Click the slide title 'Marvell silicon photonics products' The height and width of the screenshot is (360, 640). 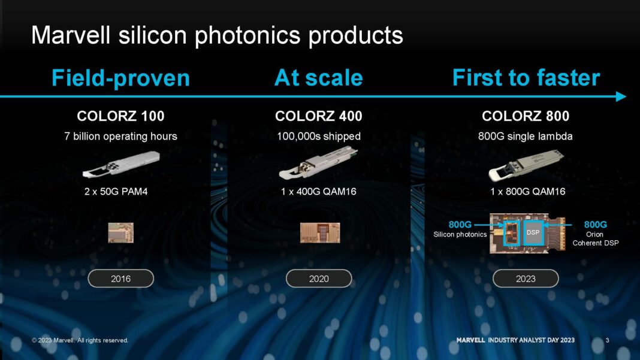point(216,35)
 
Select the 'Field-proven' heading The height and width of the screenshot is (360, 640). point(120,78)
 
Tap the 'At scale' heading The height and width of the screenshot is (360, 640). point(318,78)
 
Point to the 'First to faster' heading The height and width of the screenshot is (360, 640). point(526,78)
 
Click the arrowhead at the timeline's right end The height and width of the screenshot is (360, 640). point(621,96)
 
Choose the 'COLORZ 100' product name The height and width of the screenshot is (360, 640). point(120,116)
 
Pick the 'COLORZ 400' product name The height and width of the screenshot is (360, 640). point(318,116)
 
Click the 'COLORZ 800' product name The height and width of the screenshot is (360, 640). point(526,116)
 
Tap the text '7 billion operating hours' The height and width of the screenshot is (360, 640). point(120,136)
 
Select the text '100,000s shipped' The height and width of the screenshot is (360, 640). point(318,136)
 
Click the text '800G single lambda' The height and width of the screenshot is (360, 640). point(526,136)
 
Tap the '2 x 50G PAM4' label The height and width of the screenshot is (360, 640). point(120,192)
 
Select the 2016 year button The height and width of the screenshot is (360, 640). point(120,279)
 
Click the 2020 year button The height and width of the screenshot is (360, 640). point(318,279)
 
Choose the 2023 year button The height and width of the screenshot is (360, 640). point(526,279)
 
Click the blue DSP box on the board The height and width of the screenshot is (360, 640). point(533,232)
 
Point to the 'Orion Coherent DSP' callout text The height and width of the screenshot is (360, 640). point(595,238)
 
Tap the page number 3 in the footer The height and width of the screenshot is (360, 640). point(608,340)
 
